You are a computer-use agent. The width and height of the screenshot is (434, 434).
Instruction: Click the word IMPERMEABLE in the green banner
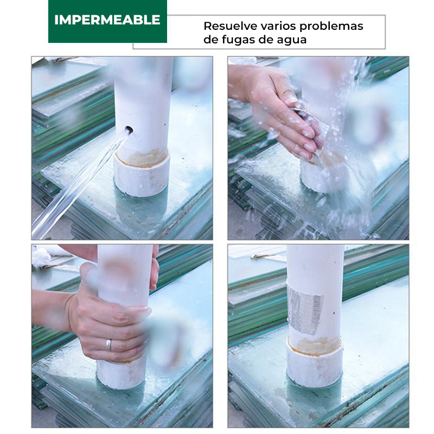point(107,20)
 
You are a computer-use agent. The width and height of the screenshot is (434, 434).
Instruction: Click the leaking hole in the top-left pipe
point(128,130)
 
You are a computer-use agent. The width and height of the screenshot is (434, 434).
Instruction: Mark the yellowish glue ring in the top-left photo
point(142,158)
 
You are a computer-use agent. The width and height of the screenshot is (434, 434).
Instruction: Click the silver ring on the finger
point(108,344)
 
